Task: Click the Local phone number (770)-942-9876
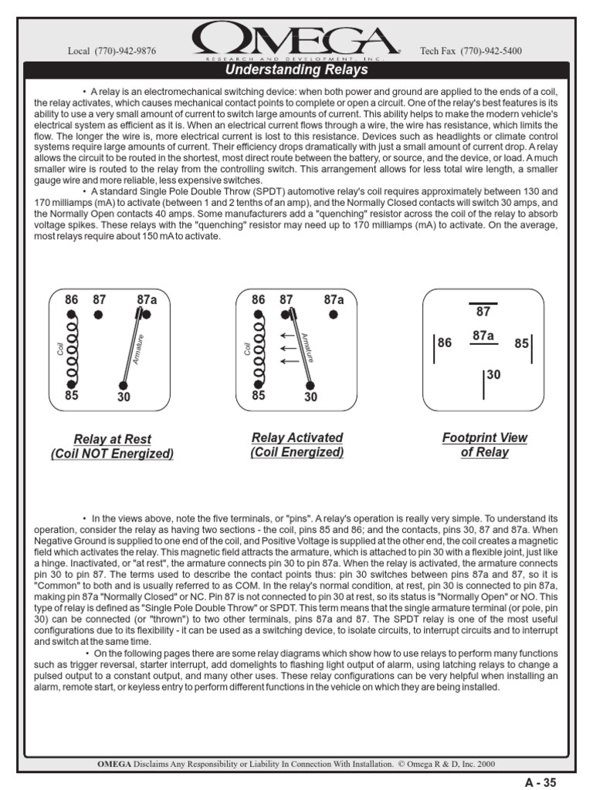click(x=112, y=51)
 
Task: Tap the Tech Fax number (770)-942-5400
click(x=470, y=51)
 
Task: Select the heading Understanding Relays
click(x=296, y=70)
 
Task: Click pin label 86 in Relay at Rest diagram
click(x=71, y=299)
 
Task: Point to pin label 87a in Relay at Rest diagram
click(x=147, y=299)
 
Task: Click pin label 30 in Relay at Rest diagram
click(x=123, y=398)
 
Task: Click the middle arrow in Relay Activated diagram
click(x=289, y=348)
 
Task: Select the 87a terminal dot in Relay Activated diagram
click(x=334, y=315)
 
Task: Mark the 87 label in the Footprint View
click(x=483, y=312)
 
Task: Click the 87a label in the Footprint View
click(x=483, y=336)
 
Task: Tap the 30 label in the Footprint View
click(x=493, y=374)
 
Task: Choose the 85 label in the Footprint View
click(x=521, y=343)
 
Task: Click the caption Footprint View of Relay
click(x=485, y=444)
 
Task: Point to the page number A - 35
click(x=540, y=782)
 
